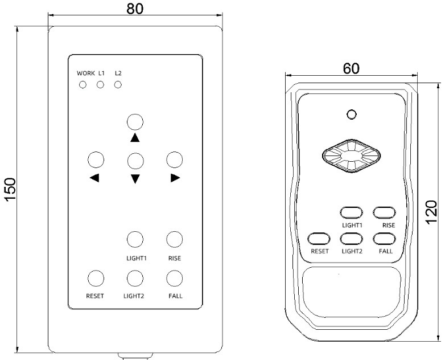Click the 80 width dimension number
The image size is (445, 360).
click(x=135, y=9)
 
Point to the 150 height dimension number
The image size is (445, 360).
click(x=10, y=190)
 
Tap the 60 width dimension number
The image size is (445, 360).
click(x=351, y=68)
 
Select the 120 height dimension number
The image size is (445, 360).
click(x=431, y=212)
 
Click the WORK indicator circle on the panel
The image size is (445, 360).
click(x=83, y=85)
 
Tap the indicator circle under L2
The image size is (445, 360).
click(x=118, y=85)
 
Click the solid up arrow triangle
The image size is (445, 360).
click(x=135, y=138)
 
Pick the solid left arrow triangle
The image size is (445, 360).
click(x=94, y=178)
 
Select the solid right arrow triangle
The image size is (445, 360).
click(x=175, y=178)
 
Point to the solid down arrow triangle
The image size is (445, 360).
click(x=135, y=179)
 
